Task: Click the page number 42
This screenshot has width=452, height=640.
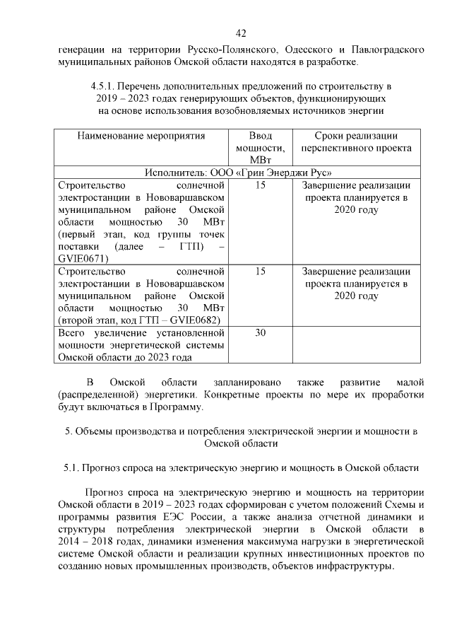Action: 241,33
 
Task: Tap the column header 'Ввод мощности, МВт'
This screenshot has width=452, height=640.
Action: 260,148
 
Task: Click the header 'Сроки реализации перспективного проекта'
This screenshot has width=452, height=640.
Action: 356,141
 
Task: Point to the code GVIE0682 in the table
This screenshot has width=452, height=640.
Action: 194,320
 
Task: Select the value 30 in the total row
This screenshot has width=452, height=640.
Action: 260,333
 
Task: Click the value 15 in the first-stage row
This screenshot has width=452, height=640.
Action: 260,185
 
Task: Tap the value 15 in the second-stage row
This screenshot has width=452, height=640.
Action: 260,272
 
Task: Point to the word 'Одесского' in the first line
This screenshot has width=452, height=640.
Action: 305,50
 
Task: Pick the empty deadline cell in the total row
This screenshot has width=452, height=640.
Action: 356,345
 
